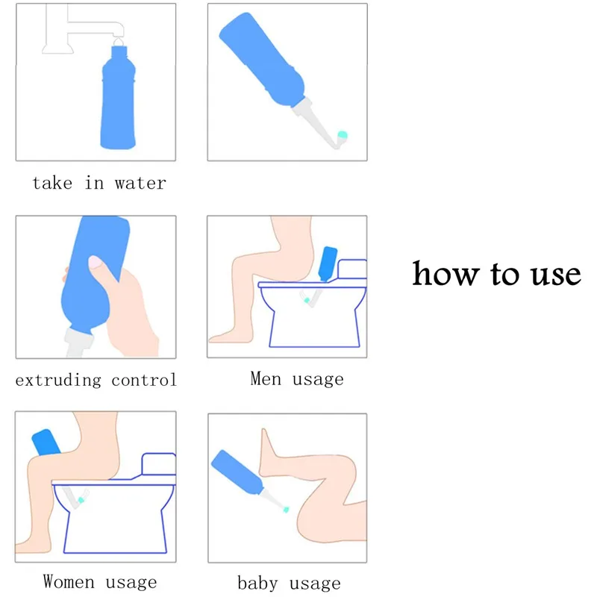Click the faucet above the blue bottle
pos(82,27)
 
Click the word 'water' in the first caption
pos(140,183)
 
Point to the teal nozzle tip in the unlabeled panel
pos(343,135)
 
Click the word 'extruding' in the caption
pos(58,380)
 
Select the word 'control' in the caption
pos(144,380)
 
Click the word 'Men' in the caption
pos(266,379)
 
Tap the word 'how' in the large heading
pos(445,274)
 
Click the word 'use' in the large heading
pos(552,274)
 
